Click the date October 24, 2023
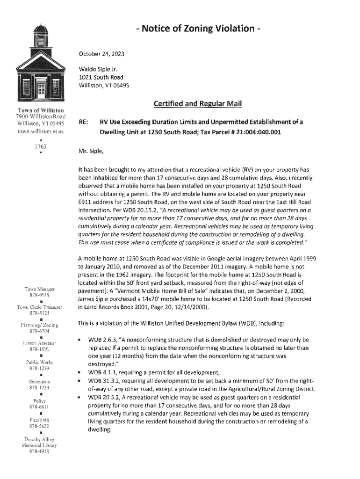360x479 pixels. click(99, 54)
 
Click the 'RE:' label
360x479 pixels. click(84, 122)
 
